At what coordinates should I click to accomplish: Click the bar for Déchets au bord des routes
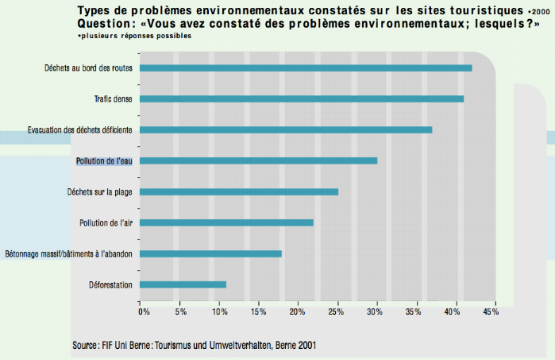click(306, 68)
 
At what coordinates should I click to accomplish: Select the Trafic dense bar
click(302, 99)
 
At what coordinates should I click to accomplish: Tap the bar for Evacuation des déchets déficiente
click(286, 130)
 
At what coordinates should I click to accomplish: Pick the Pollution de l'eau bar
click(258, 161)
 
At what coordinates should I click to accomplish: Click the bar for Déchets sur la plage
click(238, 192)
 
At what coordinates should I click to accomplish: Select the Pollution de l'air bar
click(226, 223)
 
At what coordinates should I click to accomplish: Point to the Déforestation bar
click(183, 285)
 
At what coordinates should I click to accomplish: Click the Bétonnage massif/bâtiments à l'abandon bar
click(210, 254)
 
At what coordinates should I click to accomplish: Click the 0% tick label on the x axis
click(144, 312)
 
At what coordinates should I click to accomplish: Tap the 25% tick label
click(335, 312)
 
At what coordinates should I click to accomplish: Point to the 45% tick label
click(491, 312)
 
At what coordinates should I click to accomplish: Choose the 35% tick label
click(413, 312)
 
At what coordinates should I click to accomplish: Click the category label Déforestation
click(111, 285)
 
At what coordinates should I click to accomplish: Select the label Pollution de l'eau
click(104, 161)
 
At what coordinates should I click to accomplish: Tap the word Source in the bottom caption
click(85, 346)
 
